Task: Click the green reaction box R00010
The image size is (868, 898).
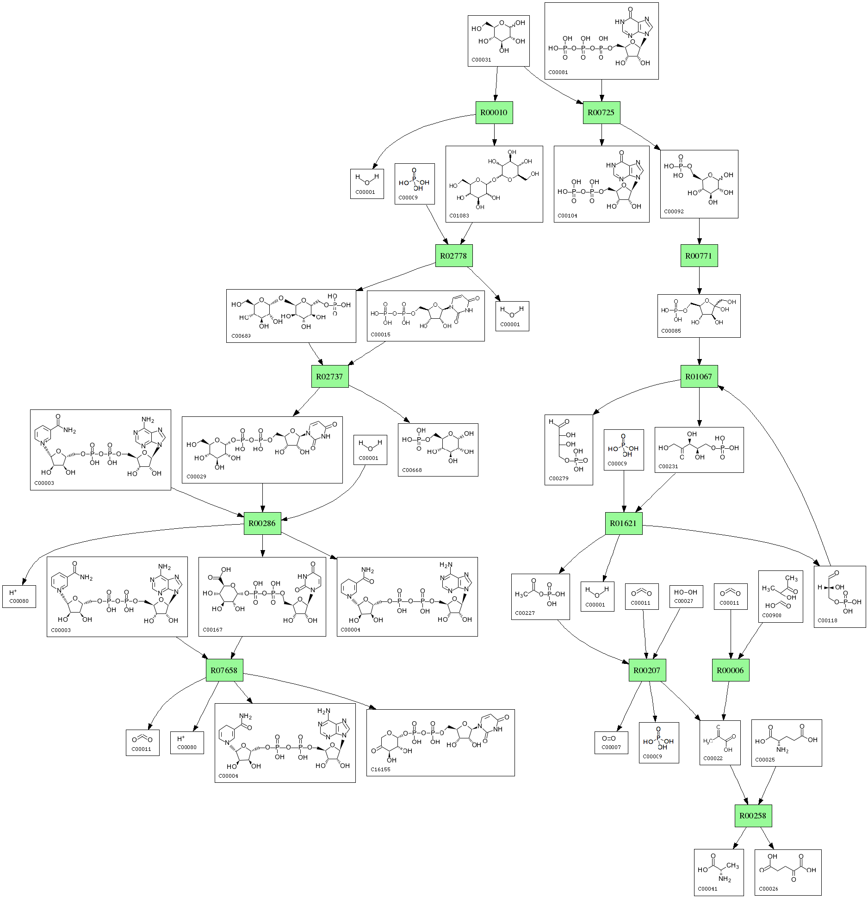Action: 494,112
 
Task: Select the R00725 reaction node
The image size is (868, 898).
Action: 601,112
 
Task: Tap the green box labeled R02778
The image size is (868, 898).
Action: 453,256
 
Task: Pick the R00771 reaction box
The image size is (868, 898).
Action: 699,256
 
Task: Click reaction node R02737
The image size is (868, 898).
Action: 329,377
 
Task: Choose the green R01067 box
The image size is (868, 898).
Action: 699,377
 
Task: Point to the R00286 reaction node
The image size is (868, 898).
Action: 262,523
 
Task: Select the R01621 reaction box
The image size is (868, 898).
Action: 623,523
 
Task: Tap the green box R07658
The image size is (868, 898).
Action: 224,670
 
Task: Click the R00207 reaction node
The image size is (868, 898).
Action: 647,670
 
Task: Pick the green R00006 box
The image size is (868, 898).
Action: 730,670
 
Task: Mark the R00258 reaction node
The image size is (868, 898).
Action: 753,816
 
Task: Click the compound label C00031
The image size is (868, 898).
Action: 481,60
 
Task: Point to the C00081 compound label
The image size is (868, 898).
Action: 558,72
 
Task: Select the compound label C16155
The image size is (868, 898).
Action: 380,769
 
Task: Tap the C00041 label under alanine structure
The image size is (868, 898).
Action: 707,889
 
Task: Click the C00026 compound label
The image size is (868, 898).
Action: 769,889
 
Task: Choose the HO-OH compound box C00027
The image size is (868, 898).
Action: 686,596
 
